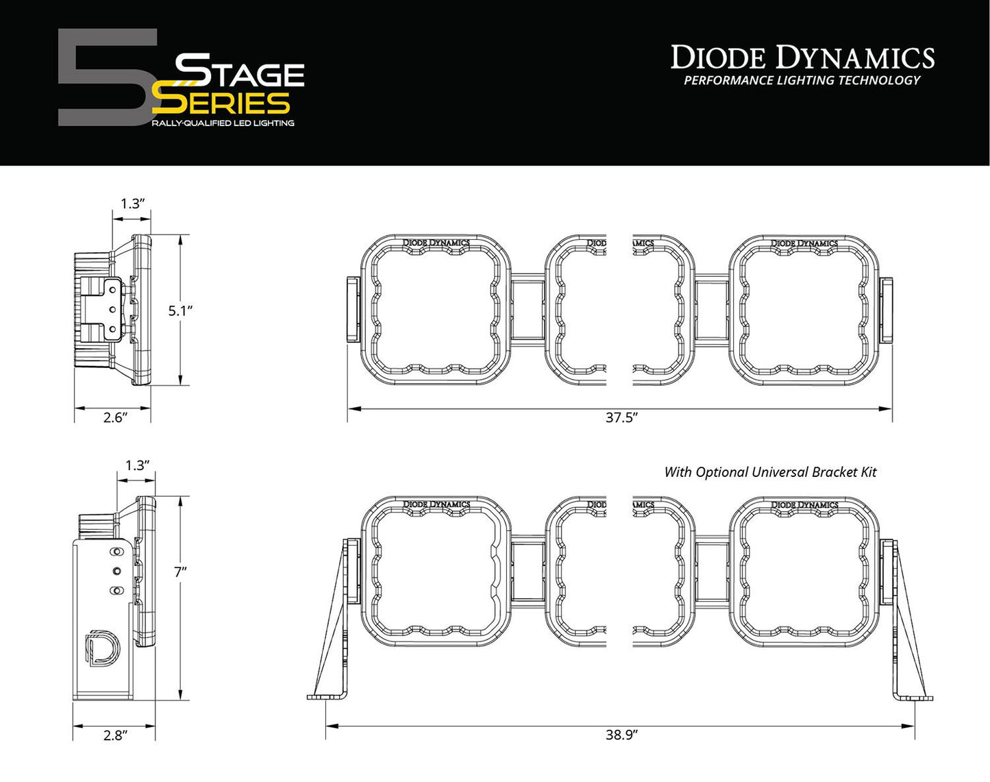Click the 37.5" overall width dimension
click(621, 417)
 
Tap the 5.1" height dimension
click(180, 310)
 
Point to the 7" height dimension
click(180, 572)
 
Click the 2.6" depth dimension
click(115, 417)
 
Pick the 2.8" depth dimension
click(115, 735)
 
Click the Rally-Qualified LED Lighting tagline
click(223, 123)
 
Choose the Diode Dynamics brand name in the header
click(802, 58)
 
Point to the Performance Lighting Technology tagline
click(802, 81)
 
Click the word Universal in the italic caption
click(780, 472)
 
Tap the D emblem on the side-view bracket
click(101, 648)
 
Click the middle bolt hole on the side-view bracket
click(116, 571)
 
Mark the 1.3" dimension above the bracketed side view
click(137, 465)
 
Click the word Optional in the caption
click(722, 472)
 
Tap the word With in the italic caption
click(678, 472)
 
